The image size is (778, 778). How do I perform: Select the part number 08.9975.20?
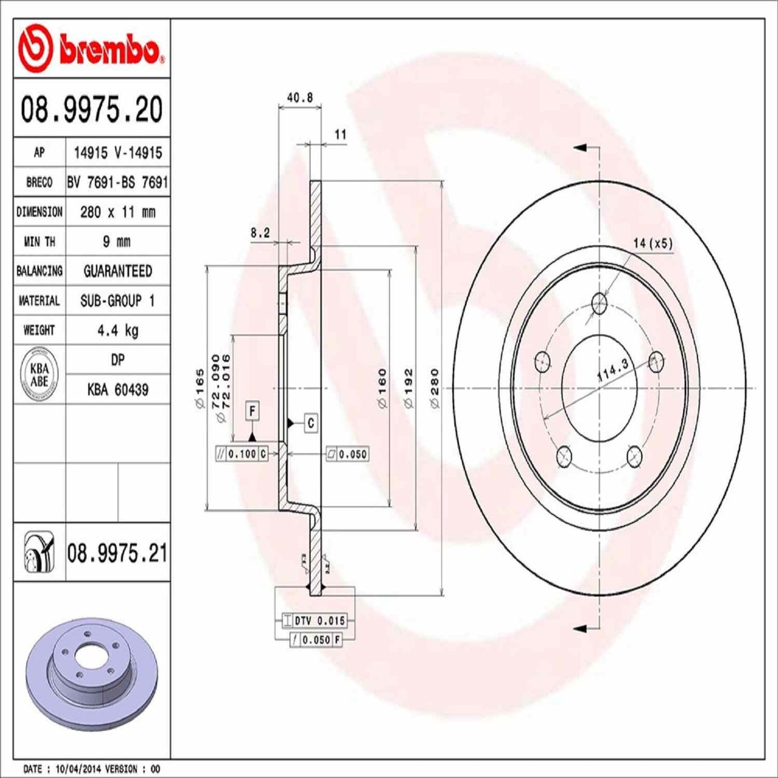[92, 109]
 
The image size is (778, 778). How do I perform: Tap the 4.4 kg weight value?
[117, 330]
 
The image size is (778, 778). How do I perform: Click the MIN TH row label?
[39, 242]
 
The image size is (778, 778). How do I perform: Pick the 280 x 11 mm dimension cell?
[117, 212]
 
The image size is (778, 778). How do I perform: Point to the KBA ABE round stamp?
[39, 375]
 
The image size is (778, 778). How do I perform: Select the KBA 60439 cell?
[117, 389]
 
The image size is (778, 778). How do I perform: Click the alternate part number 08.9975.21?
[117, 553]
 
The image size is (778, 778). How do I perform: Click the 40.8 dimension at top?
[300, 97]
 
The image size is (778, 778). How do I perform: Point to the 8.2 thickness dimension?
[260, 233]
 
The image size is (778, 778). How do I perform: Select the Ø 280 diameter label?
[435, 388]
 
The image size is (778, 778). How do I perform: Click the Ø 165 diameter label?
[200, 388]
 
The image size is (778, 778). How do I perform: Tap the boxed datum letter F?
[252, 411]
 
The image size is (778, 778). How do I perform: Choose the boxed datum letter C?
[311, 423]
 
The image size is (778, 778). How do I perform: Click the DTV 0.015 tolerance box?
[314, 621]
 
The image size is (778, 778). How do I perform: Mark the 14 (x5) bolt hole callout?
[653, 243]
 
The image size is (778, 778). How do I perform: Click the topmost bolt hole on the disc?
[599, 304]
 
